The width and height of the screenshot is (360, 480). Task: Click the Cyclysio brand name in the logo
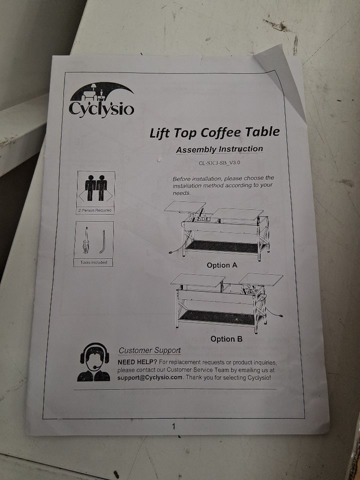click(x=101, y=109)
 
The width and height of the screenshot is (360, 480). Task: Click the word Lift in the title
click(x=160, y=133)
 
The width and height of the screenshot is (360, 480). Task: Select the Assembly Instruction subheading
click(x=219, y=149)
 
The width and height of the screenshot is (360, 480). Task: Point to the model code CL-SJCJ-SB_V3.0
click(x=219, y=162)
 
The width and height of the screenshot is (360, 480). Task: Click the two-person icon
click(x=96, y=188)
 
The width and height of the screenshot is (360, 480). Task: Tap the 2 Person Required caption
click(x=95, y=210)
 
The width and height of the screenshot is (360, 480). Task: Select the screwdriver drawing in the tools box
click(x=86, y=240)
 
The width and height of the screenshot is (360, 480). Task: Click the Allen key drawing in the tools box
click(x=103, y=241)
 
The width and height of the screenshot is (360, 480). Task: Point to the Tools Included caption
click(x=93, y=262)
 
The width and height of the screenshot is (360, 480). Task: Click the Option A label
click(x=222, y=265)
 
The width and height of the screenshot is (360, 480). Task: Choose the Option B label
click(x=226, y=339)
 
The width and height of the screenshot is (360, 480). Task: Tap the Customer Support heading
click(x=149, y=350)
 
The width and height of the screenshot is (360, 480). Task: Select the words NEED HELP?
click(x=137, y=362)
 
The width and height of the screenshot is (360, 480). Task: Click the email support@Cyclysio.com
click(x=150, y=377)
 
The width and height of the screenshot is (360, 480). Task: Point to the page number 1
click(x=173, y=426)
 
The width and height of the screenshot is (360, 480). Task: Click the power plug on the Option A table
click(x=172, y=252)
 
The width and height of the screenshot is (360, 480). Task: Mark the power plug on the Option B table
click(x=280, y=315)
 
